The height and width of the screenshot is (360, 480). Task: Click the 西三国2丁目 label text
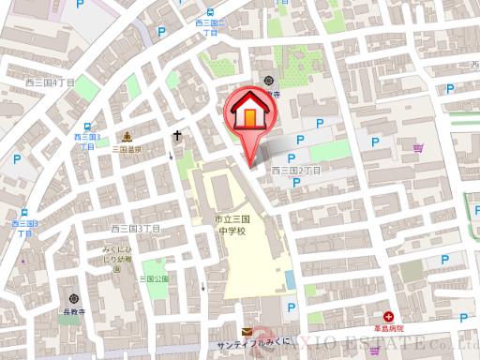point(296,171)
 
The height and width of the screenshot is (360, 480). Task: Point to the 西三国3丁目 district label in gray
point(135,228)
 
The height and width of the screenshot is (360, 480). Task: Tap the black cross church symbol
point(176,136)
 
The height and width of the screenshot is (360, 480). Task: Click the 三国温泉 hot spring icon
point(127,136)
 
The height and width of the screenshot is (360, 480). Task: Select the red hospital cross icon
point(388,319)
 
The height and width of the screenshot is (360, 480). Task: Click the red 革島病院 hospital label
point(388,329)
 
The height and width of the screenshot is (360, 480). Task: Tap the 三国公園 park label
point(154,278)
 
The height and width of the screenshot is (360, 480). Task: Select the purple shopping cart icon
point(417,147)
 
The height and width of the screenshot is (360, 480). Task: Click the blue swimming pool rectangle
point(290,278)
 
